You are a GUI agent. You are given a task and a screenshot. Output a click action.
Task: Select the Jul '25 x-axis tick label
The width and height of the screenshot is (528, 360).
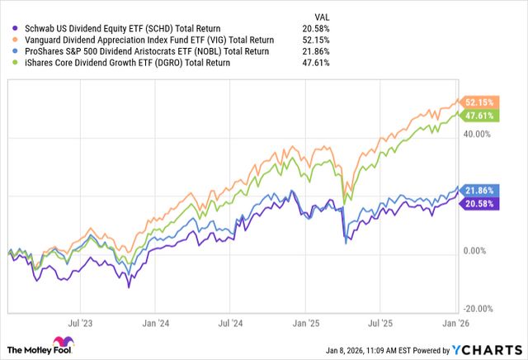click(379, 324)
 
